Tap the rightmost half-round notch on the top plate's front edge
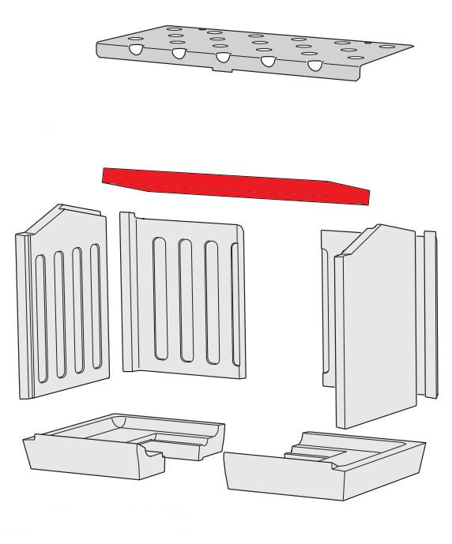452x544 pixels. (316, 66)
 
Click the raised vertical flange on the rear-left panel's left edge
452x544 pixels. (126, 292)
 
